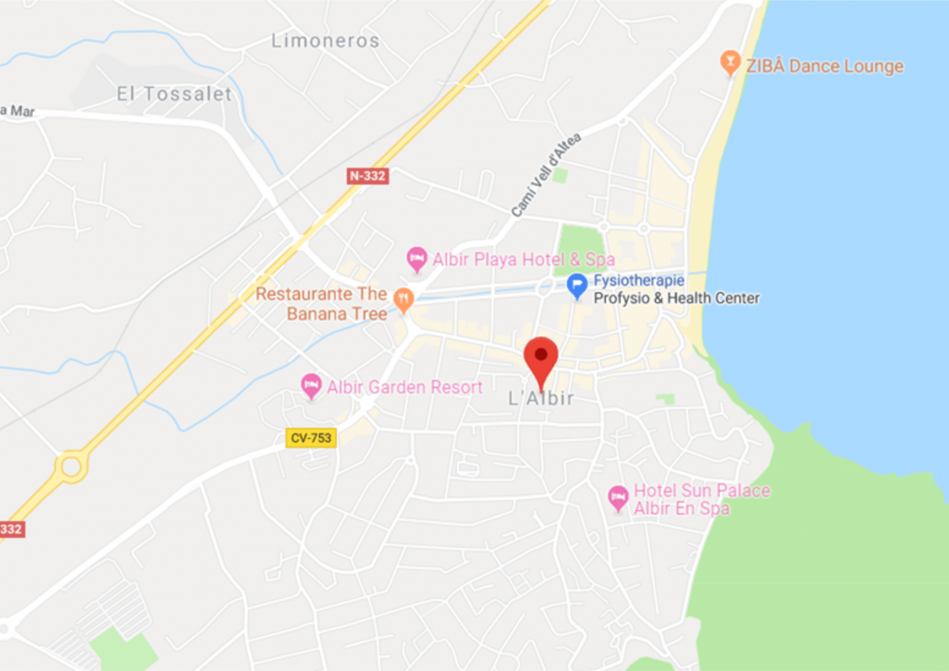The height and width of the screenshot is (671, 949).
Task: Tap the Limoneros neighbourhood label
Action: tap(325, 41)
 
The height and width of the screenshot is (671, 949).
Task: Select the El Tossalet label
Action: tap(174, 94)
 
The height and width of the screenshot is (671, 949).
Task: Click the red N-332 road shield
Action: tap(368, 176)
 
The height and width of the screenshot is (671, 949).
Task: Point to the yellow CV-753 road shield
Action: tap(311, 438)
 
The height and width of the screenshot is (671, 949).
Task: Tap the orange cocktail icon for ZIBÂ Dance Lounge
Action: tap(730, 62)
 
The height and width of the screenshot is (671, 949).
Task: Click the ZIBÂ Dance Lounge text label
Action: tap(825, 66)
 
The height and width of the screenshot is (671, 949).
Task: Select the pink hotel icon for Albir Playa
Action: tap(417, 259)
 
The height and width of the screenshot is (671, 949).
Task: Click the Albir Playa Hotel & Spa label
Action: tap(524, 260)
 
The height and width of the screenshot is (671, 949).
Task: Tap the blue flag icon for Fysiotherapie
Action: tap(577, 286)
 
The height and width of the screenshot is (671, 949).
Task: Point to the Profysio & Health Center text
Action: tap(676, 298)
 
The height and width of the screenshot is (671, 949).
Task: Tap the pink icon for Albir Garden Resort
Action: tap(311, 385)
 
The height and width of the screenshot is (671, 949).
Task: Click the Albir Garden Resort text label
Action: tap(405, 387)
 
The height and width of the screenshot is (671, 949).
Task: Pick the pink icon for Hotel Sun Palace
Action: tap(618, 497)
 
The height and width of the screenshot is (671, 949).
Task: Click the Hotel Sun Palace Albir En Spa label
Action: tap(702, 499)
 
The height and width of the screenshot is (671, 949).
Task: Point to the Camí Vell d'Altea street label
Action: tap(546, 175)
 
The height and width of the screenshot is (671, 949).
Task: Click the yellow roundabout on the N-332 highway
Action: tap(71, 467)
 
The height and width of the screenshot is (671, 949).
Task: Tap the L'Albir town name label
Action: tap(541, 398)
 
